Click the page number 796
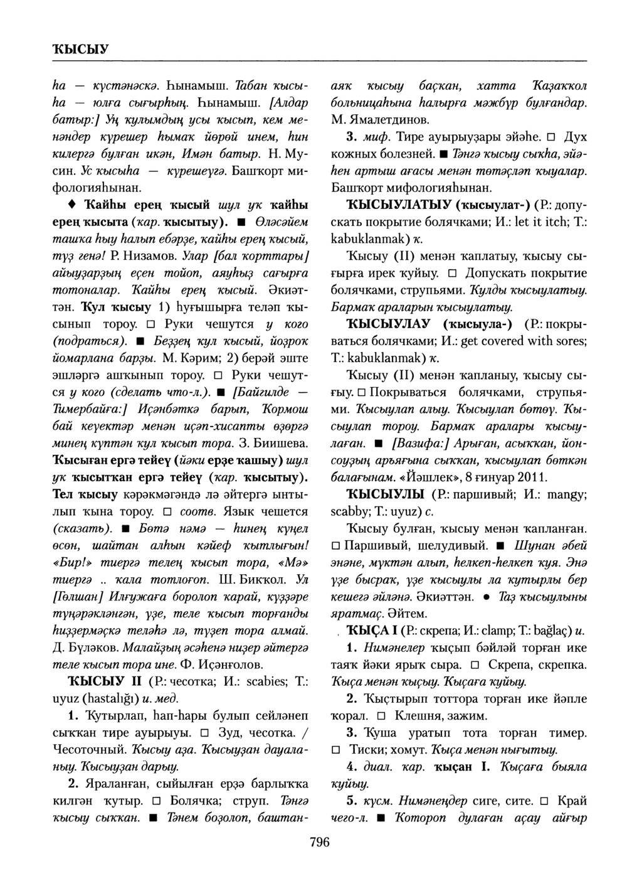[319, 842]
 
